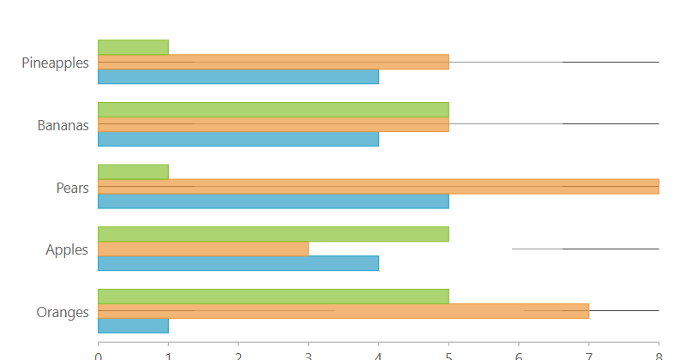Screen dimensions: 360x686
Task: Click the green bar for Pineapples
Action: pos(133,47)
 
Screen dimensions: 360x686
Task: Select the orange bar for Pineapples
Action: pos(273,62)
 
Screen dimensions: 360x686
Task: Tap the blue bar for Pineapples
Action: pos(238,76)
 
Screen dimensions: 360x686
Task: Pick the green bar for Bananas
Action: pos(273,110)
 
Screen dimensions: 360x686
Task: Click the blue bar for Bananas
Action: pos(238,139)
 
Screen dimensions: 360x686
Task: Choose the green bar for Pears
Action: pos(133,171)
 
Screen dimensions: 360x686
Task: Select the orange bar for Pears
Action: pos(378,186)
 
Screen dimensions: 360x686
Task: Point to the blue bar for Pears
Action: pos(273,201)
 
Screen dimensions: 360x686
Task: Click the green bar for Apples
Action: pos(273,234)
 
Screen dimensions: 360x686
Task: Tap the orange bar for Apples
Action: pos(203,249)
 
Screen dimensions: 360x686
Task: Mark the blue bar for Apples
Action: pos(238,263)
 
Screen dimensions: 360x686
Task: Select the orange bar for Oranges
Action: pos(343,310)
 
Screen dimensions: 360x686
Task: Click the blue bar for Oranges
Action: pos(133,325)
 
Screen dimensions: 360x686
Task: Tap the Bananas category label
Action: pos(63,125)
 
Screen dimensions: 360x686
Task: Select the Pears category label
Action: pos(72,188)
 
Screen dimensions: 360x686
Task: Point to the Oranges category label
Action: pos(63,312)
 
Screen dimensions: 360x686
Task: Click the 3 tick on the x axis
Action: pos(309,353)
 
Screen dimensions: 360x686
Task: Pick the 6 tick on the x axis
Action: pos(519,353)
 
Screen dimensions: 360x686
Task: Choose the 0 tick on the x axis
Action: pos(99,353)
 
